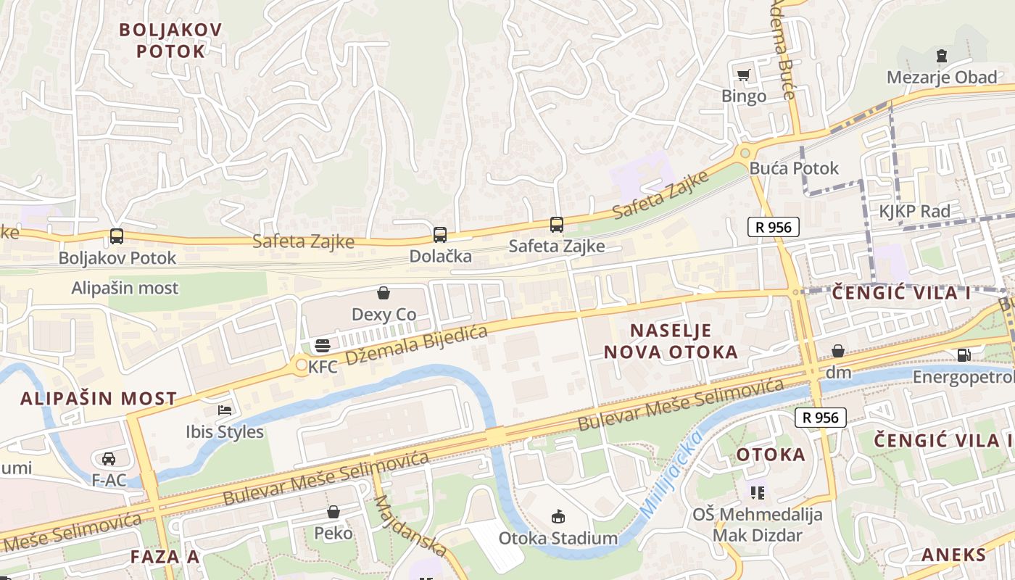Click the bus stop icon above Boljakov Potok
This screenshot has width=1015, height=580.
pyautogui.click(x=116, y=236)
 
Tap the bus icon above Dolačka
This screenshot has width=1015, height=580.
pyautogui.click(x=440, y=234)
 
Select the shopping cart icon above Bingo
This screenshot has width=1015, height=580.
pyautogui.click(x=743, y=74)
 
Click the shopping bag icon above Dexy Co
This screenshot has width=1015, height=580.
pyautogui.click(x=384, y=293)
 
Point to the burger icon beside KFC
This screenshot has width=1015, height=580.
pyautogui.click(x=323, y=345)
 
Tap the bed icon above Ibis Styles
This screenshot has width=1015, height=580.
pyautogui.click(x=225, y=410)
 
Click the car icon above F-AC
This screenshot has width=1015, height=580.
pyautogui.click(x=109, y=458)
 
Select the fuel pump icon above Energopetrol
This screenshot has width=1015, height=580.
pyautogui.click(x=964, y=355)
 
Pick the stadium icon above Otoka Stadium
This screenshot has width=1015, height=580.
pyautogui.click(x=558, y=516)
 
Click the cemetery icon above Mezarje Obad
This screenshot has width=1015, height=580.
pyautogui.click(x=941, y=55)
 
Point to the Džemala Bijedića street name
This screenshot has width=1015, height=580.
pyautogui.click(x=415, y=345)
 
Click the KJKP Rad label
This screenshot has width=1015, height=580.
pyautogui.click(x=914, y=212)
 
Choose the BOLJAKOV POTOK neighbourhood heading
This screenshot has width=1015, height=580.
pyautogui.click(x=170, y=41)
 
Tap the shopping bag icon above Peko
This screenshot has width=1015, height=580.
pyautogui.click(x=333, y=512)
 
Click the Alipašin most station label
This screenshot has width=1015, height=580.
pyautogui.click(x=125, y=288)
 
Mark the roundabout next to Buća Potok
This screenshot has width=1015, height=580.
pyautogui.click(x=745, y=152)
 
